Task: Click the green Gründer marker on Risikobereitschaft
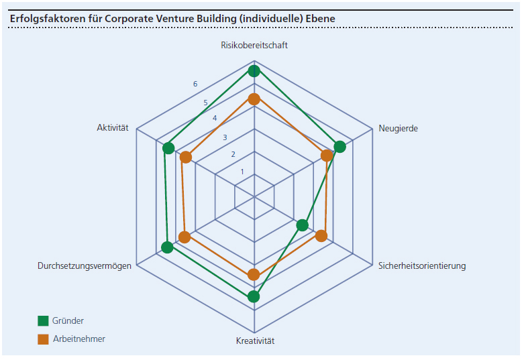(254, 71)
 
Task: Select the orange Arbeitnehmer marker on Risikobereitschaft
(254, 99)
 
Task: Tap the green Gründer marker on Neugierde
(339, 147)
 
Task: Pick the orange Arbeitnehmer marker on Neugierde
(327, 156)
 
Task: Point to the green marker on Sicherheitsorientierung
(303, 225)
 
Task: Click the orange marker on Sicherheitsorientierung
(321, 236)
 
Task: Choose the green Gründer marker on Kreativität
(254, 296)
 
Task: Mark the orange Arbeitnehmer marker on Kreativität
(254, 274)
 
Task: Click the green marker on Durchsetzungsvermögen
(168, 247)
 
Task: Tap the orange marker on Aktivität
(187, 158)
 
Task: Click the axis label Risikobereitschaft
(254, 46)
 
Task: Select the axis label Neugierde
(398, 128)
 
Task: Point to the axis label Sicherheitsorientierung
(422, 266)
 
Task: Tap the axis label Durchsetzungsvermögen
(85, 266)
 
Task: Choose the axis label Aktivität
(113, 128)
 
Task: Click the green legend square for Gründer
(44, 320)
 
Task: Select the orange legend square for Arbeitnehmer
(44, 339)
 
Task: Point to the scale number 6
(195, 84)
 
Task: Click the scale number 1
(242, 172)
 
